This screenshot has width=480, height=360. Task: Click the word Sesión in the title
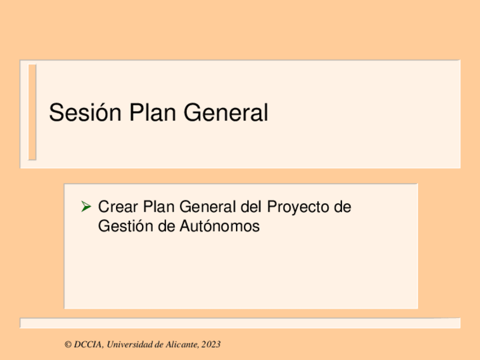[85, 112]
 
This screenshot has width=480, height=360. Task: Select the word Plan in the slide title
[153, 112]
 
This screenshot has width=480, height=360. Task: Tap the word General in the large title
[226, 112]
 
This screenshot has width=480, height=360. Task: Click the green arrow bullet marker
[86, 207]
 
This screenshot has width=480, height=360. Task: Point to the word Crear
[118, 207]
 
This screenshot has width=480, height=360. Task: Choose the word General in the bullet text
[208, 207]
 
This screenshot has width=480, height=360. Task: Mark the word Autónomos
[220, 226]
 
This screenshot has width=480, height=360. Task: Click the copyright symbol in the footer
[68, 345]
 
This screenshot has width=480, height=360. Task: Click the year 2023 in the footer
[211, 345]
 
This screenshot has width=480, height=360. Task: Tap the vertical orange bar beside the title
[32, 112]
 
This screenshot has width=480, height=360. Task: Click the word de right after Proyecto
[342, 207]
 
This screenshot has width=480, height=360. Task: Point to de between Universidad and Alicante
[160, 345]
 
